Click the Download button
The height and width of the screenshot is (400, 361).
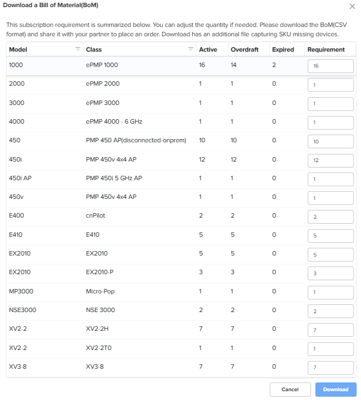tap(335, 390)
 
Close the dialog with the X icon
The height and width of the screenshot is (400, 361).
tap(352, 6)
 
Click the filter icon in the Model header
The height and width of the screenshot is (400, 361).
tap(77, 49)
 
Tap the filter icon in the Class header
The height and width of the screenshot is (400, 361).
tap(191, 49)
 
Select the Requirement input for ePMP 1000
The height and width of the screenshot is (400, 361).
tap(330, 66)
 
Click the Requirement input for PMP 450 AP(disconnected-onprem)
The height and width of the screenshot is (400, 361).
tap(330, 141)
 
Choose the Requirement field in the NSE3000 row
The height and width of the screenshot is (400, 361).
tap(330, 311)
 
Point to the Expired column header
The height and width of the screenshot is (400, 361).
tap(283, 49)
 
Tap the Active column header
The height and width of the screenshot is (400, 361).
tap(208, 49)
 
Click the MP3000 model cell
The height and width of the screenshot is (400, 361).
tap(21, 291)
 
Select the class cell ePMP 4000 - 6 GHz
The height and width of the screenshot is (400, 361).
tap(110, 121)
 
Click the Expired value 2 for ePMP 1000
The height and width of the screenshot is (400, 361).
tap(274, 65)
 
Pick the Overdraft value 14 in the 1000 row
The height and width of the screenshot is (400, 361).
tap(234, 65)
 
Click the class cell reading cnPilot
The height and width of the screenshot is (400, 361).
tap(95, 216)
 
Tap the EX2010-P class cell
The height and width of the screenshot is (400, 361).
tap(99, 272)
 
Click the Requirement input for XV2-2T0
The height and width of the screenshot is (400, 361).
tap(330, 348)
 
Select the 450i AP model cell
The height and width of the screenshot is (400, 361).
tap(20, 178)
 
